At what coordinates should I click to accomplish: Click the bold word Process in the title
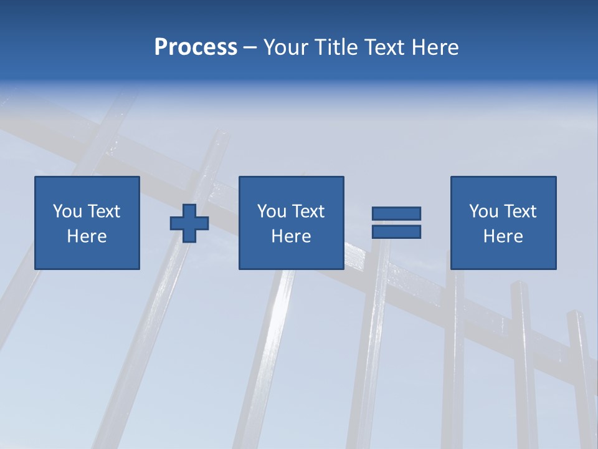click(x=196, y=47)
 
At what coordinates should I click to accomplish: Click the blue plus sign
click(x=189, y=223)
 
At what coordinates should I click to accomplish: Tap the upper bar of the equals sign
click(x=396, y=213)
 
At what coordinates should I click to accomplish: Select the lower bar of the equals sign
click(x=396, y=231)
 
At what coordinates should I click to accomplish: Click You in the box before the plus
click(x=67, y=211)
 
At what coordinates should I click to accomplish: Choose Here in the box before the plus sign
click(x=87, y=236)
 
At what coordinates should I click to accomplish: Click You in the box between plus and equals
click(x=272, y=211)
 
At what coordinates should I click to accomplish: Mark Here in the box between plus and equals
click(x=291, y=236)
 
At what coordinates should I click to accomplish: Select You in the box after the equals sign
click(x=483, y=211)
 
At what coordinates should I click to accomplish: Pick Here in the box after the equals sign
click(x=503, y=236)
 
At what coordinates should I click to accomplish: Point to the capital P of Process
click(x=161, y=47)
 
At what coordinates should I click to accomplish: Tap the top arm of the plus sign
click(x=189, y=210)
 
